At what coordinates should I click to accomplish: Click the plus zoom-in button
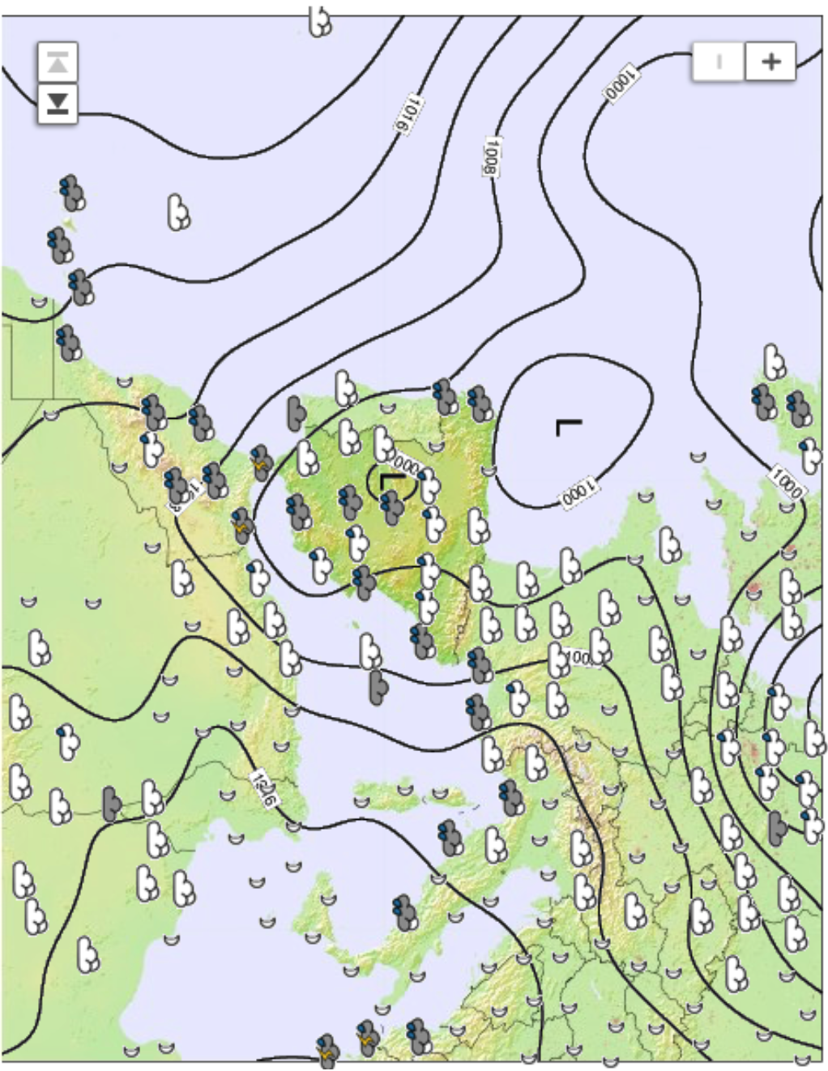click(770, 61)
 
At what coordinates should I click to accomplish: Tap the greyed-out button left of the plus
click(718, 61)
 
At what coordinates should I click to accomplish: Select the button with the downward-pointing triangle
click(58, 104)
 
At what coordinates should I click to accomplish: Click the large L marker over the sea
click(568, 426)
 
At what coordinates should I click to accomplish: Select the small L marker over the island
click(391, 480)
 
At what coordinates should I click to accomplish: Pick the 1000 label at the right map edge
click(786, 483)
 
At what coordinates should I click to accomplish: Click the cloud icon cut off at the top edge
click(321, 22)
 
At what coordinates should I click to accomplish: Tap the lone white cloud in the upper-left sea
click(178, 212)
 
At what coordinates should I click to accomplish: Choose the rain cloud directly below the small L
click(392, 508)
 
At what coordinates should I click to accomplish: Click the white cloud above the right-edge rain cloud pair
click(775, 361)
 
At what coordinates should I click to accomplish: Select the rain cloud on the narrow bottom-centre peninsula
click(405, 912)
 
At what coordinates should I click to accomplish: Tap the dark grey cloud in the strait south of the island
click(378, 685)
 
